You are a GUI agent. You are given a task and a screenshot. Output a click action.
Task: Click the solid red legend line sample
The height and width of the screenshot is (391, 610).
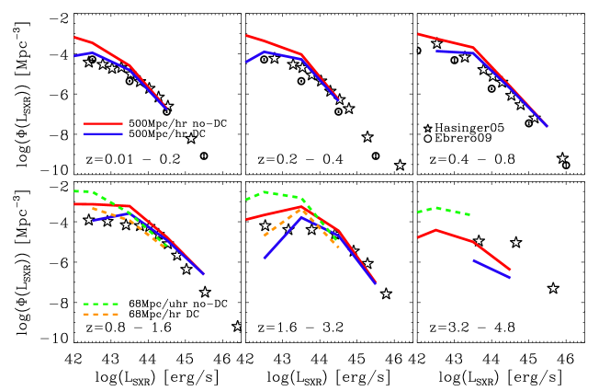[102, 123]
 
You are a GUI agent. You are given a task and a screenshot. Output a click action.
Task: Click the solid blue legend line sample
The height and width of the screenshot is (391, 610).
[102, 134]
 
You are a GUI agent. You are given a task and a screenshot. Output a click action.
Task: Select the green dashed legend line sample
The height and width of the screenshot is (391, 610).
[101, 304]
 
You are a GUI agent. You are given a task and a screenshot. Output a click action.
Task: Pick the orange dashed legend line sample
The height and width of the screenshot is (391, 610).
[101, 315]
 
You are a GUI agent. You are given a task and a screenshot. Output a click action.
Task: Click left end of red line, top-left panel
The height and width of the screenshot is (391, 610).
[74, 38]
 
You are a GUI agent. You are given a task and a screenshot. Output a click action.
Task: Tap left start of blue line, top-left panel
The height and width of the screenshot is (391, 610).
[75, 55]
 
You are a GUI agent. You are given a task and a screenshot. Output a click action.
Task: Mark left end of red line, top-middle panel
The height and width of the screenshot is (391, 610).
[246, 36]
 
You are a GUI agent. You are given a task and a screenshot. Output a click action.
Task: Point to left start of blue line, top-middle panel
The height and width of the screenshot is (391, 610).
[246, 62]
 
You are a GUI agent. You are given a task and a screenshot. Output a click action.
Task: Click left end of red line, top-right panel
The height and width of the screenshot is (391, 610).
[418, 34]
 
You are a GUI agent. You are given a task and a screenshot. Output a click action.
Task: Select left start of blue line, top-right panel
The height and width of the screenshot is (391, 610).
[436, 51]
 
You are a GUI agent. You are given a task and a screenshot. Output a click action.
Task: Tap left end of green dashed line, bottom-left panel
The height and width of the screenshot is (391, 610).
[74, 191]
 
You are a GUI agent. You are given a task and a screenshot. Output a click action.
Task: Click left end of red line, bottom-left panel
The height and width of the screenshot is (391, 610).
[74, 203]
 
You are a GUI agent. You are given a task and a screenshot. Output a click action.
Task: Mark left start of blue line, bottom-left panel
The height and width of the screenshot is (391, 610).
[93, 221]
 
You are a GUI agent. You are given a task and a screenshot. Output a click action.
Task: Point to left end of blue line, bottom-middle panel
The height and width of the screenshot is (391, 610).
[265, 258]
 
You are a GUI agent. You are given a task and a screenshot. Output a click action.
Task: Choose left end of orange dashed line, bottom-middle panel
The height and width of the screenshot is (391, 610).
[265, 236]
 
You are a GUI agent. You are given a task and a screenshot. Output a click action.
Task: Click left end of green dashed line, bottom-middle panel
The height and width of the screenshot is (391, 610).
[246, 199]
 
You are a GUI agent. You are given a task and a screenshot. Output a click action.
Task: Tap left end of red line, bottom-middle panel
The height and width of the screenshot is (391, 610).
[246, 219]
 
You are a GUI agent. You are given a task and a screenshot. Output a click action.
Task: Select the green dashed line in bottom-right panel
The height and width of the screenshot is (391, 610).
[444, 210]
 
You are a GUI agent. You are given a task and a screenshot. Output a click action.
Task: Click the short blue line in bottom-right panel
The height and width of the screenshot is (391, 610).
[491, 269]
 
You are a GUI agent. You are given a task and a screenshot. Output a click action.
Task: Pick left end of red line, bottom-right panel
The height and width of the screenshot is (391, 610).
[418, 237]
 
